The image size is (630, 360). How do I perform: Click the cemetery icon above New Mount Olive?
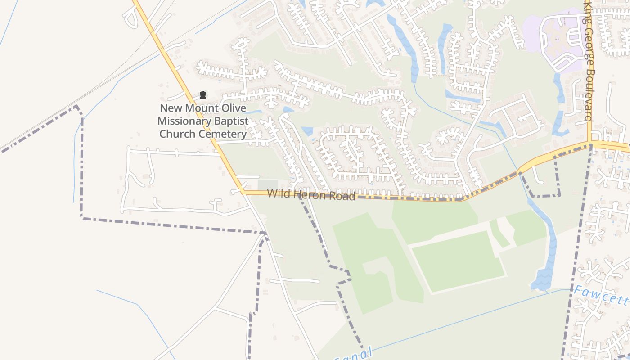203,95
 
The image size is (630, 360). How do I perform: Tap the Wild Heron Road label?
311,195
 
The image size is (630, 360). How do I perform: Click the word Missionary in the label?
184,121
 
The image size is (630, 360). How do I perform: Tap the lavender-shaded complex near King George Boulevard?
558,40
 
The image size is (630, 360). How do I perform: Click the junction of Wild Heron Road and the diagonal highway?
243,192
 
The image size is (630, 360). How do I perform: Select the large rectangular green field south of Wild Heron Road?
458,261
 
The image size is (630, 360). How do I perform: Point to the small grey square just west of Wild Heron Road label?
267,184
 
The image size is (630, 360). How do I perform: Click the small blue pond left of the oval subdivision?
307,131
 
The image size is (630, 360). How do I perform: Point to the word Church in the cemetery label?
176,134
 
